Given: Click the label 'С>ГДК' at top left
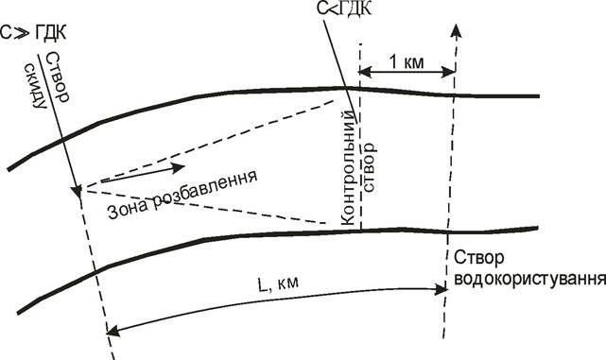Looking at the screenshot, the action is pos(33,32).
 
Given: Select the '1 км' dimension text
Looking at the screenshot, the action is pos(406,61).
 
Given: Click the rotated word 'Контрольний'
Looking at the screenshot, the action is pos(348,167).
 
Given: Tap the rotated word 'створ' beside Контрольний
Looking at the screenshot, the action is pos(369,167).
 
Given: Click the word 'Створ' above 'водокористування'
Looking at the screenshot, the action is pos(479,258).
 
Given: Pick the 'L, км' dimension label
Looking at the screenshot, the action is pos(278,282).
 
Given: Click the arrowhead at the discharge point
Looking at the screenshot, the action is pos(77,191).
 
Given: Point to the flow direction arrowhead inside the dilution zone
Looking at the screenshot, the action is pos(178,167).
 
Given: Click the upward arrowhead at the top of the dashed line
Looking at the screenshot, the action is pos(457,31).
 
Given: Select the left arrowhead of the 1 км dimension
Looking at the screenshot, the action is pos(365,72).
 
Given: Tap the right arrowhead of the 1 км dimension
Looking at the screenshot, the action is pos(448,72).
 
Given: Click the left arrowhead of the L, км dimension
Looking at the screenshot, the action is pos(113,331).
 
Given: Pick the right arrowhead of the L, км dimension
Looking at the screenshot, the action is pos(441,289).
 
